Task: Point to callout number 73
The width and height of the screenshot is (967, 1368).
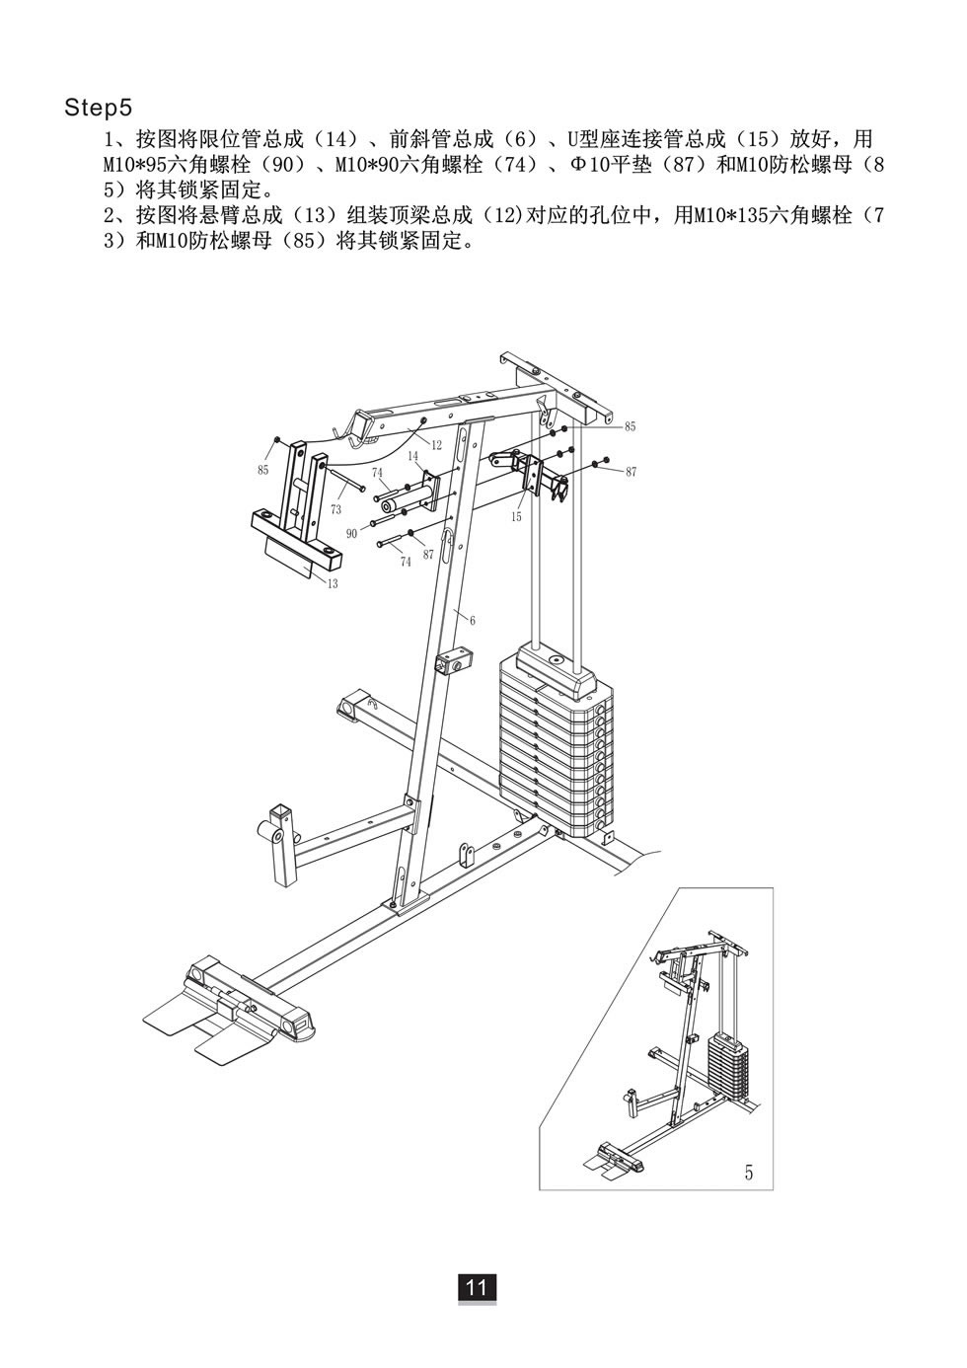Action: [x=335, y=509]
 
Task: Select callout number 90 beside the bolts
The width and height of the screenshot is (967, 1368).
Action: [x=351, y=533]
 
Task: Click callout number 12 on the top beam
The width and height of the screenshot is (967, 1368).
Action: [x=436, y=446]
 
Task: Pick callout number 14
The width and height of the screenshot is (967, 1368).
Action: [x=412, y=456]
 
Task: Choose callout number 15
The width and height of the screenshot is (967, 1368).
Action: [x=516, y=517]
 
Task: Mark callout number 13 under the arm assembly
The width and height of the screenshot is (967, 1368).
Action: [x=332, y=584]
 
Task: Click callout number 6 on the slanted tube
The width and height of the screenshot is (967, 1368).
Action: [x=473, y=620]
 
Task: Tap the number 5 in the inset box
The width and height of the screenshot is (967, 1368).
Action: [x=748, y=1173]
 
